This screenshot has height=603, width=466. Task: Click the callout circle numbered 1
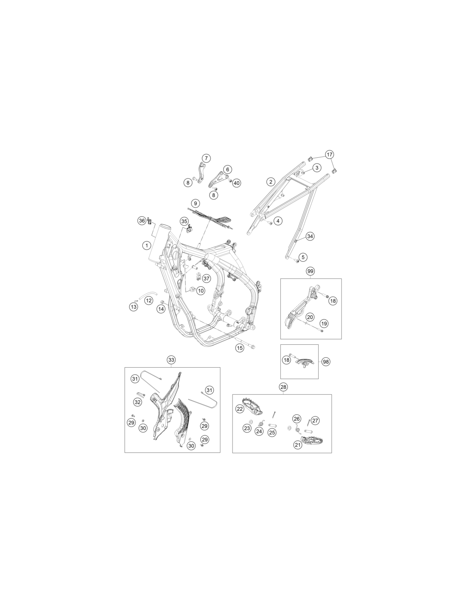pos(147,245)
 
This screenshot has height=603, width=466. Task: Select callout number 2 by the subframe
pos(271,182)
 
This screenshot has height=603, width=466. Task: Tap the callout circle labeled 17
pos(329,154)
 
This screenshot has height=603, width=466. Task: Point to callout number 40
pos(236,183)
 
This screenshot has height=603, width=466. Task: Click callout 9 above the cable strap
pos(195,204)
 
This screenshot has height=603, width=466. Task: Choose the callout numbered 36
pos(142,221)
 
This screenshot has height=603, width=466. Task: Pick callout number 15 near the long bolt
pos(240,347)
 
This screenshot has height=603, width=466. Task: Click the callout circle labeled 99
pos(310,271)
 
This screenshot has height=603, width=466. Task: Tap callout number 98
pos(326,362)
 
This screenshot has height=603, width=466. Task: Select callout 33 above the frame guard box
pos(171,360)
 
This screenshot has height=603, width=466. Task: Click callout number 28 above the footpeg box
pos(283,387)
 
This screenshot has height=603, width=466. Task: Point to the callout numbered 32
pos(138,402)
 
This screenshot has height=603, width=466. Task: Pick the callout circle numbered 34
pos(310,229)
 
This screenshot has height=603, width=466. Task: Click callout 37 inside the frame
pos(206,278)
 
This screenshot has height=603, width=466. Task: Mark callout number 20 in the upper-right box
pos(310,317)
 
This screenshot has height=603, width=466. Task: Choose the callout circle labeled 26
pos(297,419)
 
